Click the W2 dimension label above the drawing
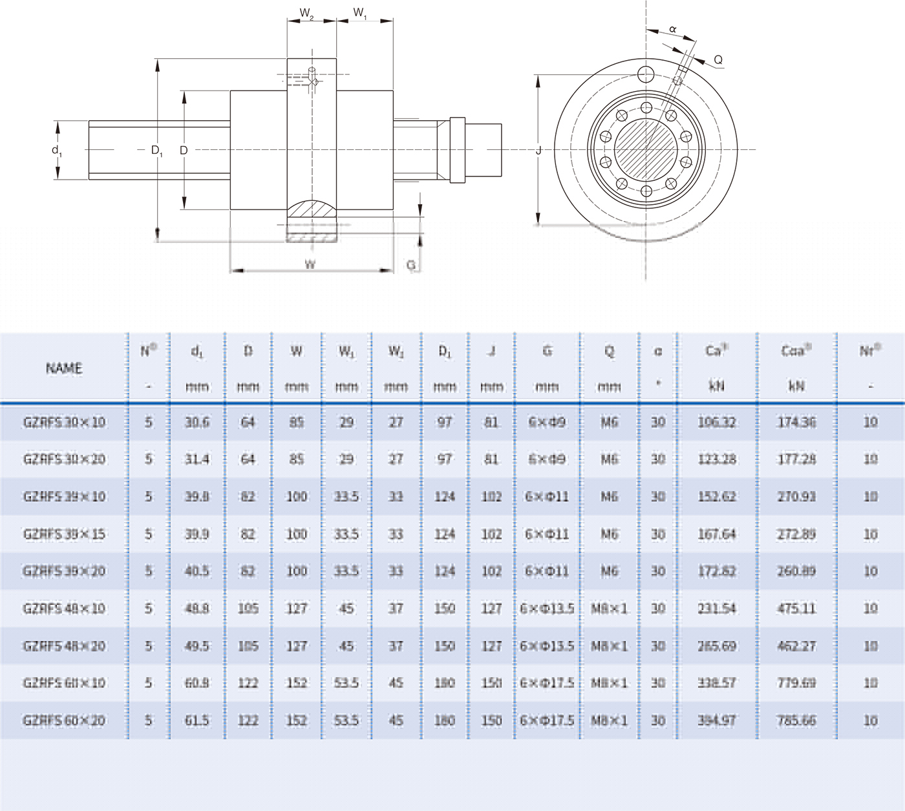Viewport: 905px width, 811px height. click(x=307, y=13)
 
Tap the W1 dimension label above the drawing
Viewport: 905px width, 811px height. click(x=360, y=13)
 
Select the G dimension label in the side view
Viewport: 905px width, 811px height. click(x=410, y=266)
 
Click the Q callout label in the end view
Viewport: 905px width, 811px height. click(x=718, y=60)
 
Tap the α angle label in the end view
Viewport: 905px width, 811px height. click(x=672, y=29)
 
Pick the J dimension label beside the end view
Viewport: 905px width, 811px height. click(x=538, y=151)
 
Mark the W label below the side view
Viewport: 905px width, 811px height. click(x=310, y=264)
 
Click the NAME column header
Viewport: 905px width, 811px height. click(x=64, y=368)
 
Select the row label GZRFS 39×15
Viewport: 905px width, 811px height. click(x=64, y=534)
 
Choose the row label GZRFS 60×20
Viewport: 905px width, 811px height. click(x=64, y=720)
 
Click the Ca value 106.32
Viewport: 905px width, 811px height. click(x=717, y=422)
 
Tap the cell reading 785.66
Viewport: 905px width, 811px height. click(x=796, y=720)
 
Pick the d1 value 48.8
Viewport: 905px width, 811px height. click(x=197, y=608)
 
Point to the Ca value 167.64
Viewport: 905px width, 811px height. click(x=717, y=534)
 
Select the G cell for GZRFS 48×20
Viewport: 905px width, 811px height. click(x=547, y=646)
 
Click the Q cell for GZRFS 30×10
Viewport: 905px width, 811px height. click(x=609, y=422)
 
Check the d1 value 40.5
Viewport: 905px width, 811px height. click(x=197, y=571)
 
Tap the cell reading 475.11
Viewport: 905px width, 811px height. click(x=796, y=608)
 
